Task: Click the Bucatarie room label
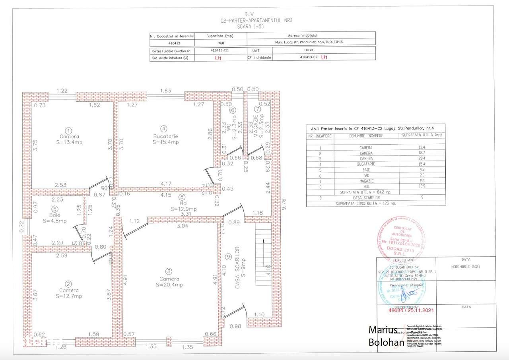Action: click(x=164, y=136)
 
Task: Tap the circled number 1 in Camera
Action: click(x=69, y=130)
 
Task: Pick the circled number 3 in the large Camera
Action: click(x=169, y=271)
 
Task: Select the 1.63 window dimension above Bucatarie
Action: click(x=165, y=91)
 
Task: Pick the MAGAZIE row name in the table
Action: click(x=365, y=181)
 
